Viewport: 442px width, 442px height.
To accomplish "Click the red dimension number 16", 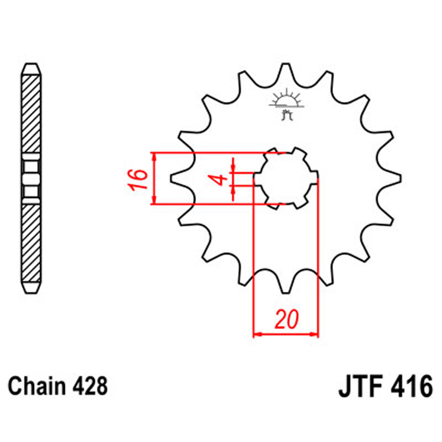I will pyautogui.click(x=136, y=179).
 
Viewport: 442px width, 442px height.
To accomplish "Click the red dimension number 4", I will pyautogui.click(x=219, y=179).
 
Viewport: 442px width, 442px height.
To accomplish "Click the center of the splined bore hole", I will pyautogui.click(x=286, y=177).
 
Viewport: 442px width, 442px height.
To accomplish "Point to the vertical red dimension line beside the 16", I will pyautogui.click(x=154, y=179).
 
